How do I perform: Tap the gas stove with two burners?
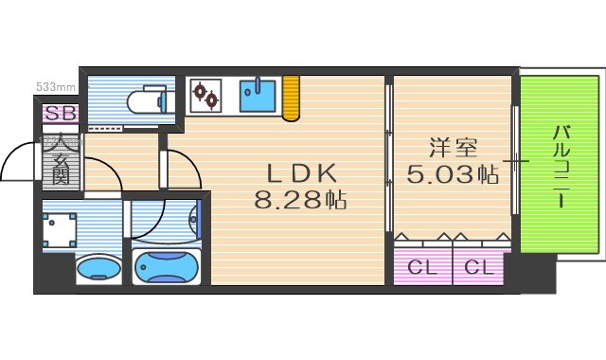pyautogui.click(x=205, y=95)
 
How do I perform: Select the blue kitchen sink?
pyautogui.click(x=257, y=96)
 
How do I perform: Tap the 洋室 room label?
pyautogui.click(x=452, y=149)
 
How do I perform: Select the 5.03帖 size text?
pyautogui.click(x=452, y=174)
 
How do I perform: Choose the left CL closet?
pyautogui.click(x=422, y=268)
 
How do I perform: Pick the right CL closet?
pyautogui.click(x=480, y=268)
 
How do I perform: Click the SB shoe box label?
pyautogui.click(x=59, y=115)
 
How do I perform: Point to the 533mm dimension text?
pyautogui.click(x=56, y=86)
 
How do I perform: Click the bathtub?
pyautogui.click(x=168, y=269)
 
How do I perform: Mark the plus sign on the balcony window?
pyautogui.click(x=516, y=163)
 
